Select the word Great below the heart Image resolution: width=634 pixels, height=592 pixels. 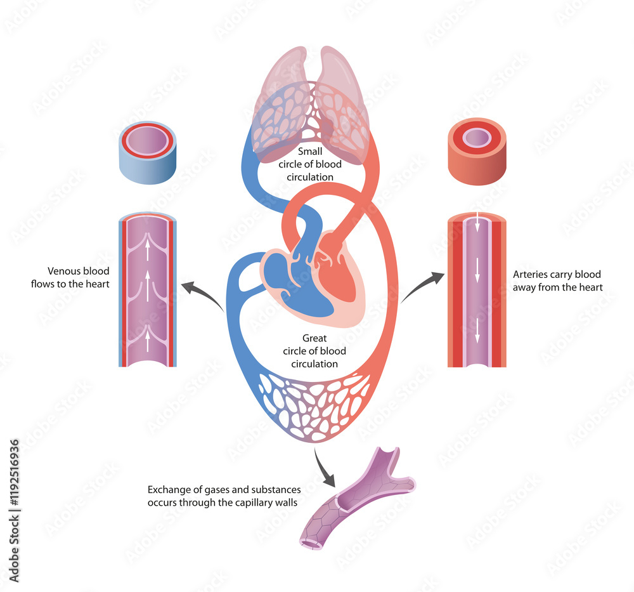tap(314, 338)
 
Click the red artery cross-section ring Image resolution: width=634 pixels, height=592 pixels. tap(477, 151)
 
